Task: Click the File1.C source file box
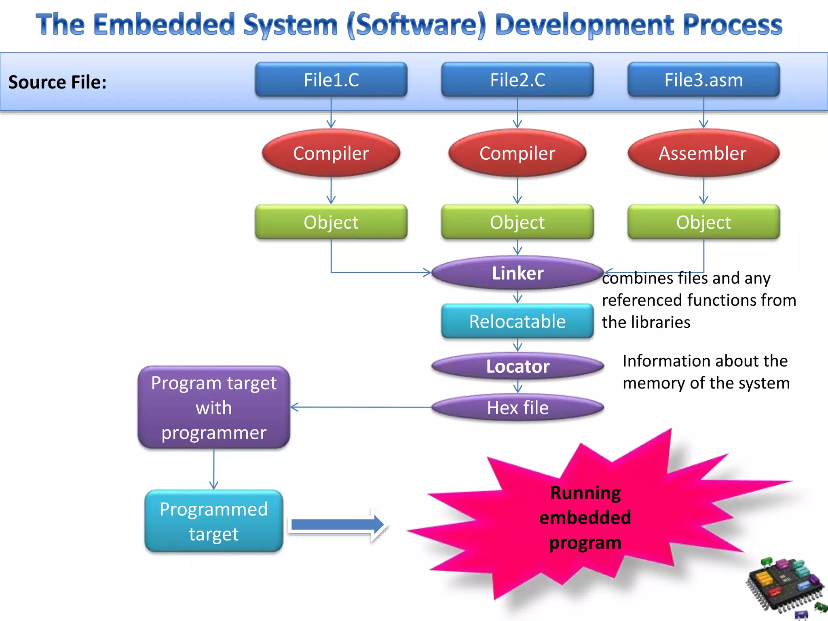(x=331, y=80)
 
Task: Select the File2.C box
(x=517, y=80)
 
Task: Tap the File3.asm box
(x=703, y=80)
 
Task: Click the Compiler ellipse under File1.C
(x=331, y=153)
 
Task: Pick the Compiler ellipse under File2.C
(x=517, y=153)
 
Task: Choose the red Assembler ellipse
(x=703, y=153)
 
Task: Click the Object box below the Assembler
(x=703, y=222)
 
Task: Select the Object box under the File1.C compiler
(x=331, y=222)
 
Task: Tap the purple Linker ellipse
(x=517, y=273)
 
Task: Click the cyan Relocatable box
(x=517, y=321)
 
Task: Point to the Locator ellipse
(x=517, y=366)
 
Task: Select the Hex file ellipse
(x=517, y=408)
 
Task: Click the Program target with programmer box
(x=214, y=408)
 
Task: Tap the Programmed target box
(x=214, y=521)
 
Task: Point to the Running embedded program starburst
(x=585, y=517)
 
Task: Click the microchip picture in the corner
(x=784, y=586)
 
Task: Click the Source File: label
(x=57, y=82)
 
